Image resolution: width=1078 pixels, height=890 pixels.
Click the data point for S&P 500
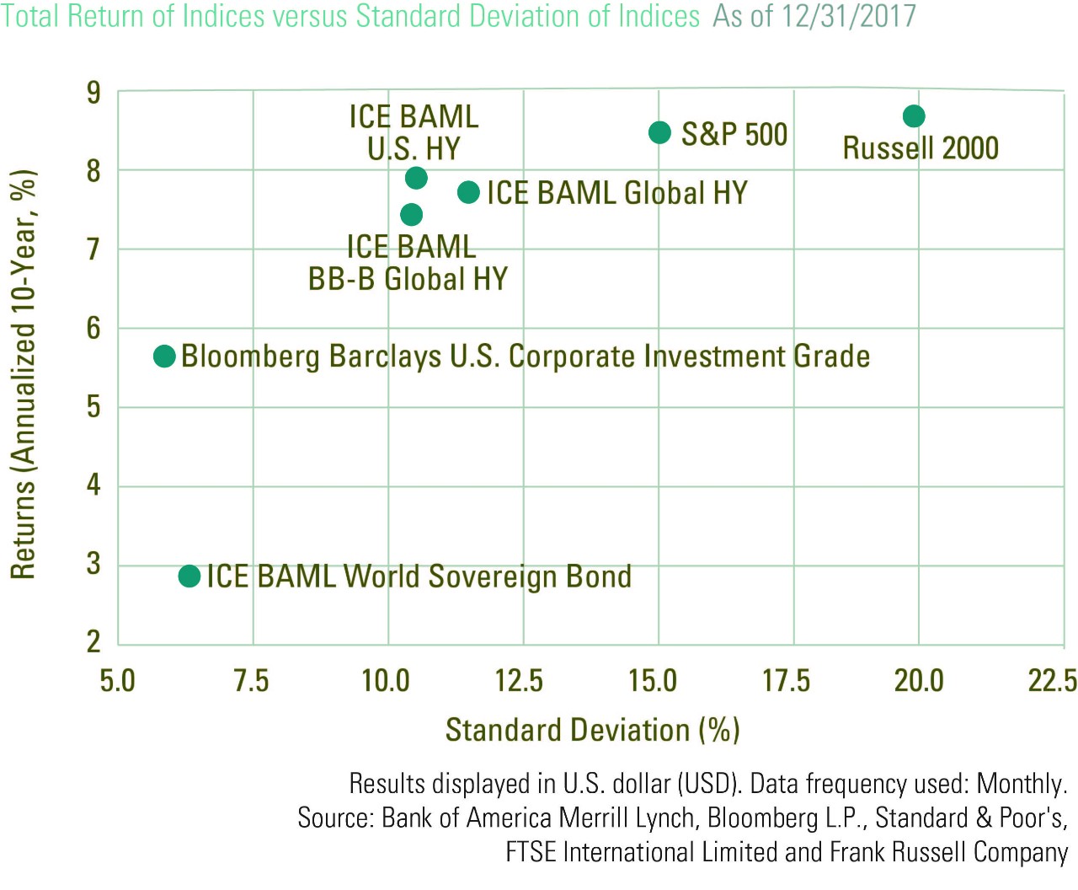click(x=659, y=133)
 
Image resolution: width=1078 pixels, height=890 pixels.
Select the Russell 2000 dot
click(x=913, y=115)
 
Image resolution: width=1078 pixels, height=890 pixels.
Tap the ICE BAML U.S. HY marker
click(x=416, y=178)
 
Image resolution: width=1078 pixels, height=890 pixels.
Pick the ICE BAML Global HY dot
click(x=468, y=192)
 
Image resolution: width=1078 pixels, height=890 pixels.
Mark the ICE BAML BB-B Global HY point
click(x=411, y=214)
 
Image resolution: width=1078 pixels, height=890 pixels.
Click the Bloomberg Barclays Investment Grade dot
click(x=164, y=357)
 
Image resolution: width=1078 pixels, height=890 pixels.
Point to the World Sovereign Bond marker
click(x=189, y=576)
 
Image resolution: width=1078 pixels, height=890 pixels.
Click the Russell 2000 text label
click(x=921, y=148)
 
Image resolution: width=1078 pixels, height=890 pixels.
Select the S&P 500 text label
click(x=734, y=134)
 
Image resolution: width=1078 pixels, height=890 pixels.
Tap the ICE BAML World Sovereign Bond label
click(x=419, y=576)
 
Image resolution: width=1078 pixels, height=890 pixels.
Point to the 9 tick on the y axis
click(x=93, y=93)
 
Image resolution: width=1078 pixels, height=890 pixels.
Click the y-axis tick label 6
click(x=93, y=328)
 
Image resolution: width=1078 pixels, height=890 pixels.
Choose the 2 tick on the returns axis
click(x=93, y=642)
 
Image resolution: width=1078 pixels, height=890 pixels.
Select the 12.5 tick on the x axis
click(x=519, y=681)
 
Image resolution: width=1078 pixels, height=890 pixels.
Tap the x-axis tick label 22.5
click(x=1053, y=681)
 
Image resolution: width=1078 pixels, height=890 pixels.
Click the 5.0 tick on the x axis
click(x=117, y=681)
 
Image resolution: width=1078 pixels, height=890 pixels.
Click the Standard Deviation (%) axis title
click(x=593, y=731)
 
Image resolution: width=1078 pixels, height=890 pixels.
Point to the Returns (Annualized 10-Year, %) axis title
click(x=24, y=374)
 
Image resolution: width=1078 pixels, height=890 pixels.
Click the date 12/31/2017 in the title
click(x=849, y=16)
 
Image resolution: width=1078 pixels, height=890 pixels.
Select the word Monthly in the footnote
click(x=1022, y=784)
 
